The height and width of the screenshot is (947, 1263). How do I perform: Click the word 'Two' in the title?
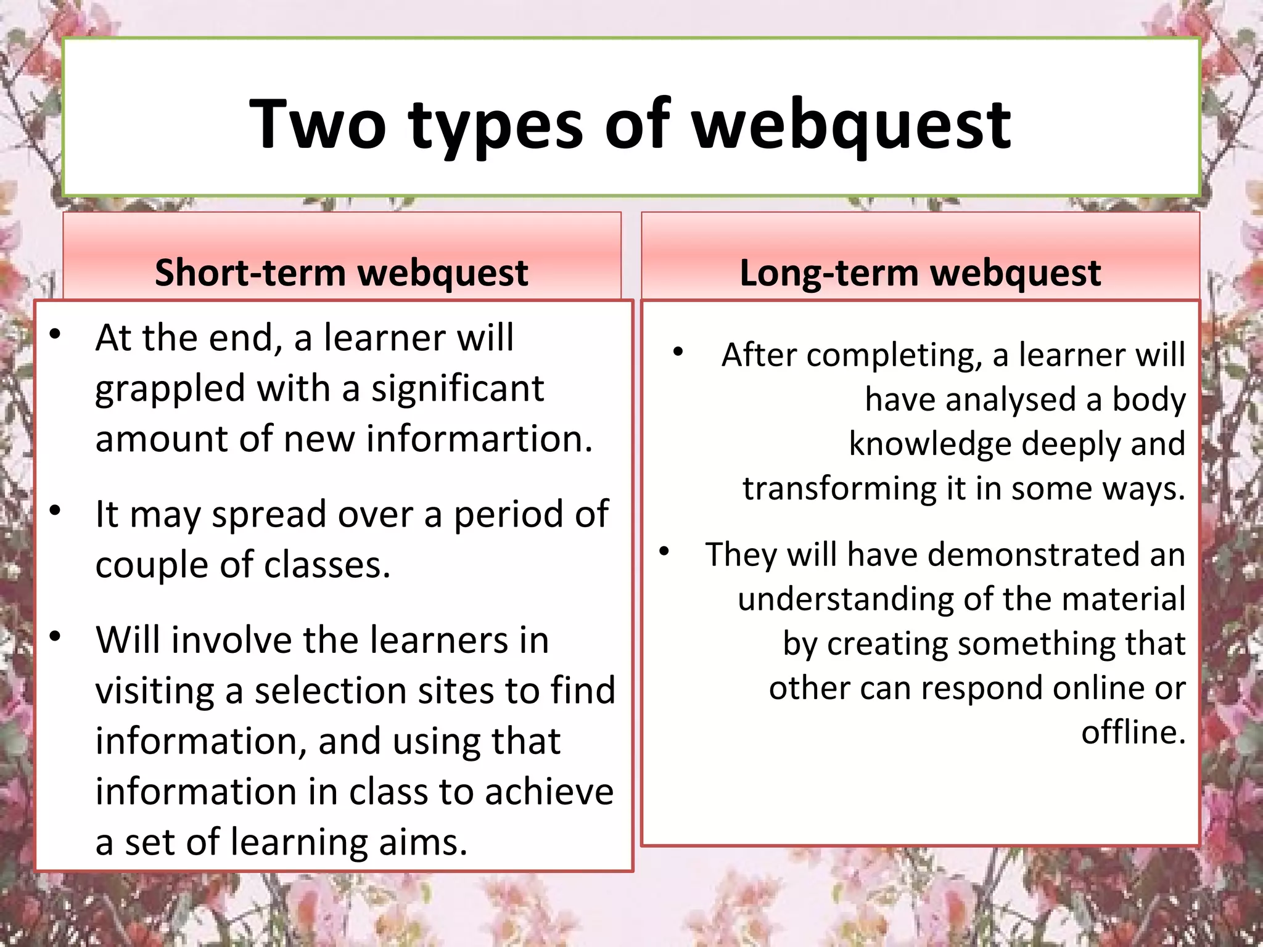[x=318, y=125]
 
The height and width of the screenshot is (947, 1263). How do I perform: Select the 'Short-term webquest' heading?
[x=341, y=273]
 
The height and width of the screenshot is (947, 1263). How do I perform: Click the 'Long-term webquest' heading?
[x=919, y=273]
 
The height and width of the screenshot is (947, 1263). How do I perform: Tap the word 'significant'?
[x=457, y=388]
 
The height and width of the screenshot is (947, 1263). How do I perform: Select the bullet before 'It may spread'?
[x=56, y=510]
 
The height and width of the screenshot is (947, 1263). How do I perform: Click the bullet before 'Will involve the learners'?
[x=56, y=636]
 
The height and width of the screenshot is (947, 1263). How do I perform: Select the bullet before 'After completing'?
[x=678, y=352]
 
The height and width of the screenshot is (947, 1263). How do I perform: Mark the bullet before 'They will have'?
[x=664, y=551]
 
